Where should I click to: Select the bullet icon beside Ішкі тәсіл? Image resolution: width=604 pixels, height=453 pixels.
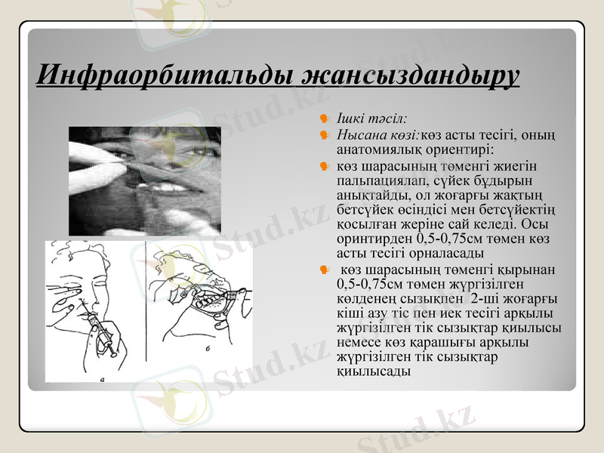[x=324, y=119]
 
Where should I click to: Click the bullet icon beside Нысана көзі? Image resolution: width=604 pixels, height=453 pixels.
[x=324, y=135]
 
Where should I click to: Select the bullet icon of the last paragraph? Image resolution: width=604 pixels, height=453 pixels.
[x=324, y=270]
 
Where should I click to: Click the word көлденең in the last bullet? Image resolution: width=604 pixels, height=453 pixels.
[x=365, y=299]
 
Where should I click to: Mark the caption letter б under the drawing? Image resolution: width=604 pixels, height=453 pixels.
[x=208, y=350]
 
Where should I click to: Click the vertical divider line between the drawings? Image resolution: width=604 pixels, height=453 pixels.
[x=144, y=302]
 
